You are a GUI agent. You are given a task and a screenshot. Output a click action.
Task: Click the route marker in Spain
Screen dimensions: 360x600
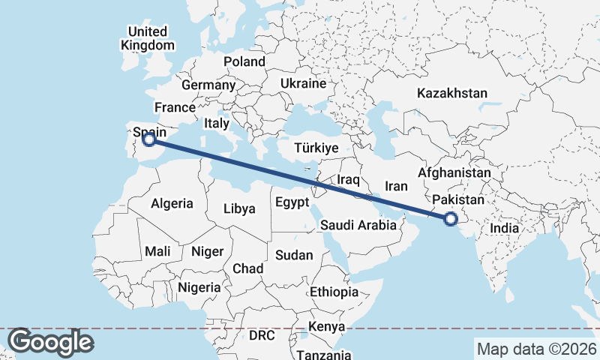click(x=149, y=139)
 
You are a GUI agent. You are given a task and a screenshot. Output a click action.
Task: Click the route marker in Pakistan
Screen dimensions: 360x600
click(x=451, y=219)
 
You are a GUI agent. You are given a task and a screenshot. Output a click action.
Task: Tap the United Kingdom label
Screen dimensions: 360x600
click(x=147, y=38)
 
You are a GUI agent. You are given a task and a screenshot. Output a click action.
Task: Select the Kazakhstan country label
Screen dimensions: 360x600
click(x=452, y=94)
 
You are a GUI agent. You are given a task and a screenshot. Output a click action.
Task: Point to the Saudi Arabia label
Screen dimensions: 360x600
click(x=358, y=225)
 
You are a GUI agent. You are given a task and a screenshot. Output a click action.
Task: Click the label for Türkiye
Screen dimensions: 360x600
click(x=316, y=148)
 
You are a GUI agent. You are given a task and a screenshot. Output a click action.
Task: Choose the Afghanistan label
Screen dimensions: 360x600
click(x=454, y=172)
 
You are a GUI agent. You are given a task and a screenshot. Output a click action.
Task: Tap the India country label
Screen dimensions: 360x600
click(x=505, y=227)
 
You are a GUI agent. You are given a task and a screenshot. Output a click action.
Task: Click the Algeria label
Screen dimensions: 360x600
click(x=172, y=203)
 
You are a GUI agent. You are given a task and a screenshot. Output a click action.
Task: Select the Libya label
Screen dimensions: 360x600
click(x=239, y=208)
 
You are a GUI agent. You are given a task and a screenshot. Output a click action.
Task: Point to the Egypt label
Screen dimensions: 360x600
click(x=292, y=202)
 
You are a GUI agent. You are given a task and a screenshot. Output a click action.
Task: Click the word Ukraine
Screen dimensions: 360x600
click(x=303, y=83)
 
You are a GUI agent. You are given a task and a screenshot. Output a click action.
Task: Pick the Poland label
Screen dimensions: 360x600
click(x=244, y=61)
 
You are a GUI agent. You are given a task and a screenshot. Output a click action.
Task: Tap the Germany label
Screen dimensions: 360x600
click(x=208, y=85)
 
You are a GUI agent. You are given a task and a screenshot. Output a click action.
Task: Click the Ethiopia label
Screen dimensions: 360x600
click(x=334, y=292)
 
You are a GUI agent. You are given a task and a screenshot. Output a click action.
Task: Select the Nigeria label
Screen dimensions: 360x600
click(x=199, y=287)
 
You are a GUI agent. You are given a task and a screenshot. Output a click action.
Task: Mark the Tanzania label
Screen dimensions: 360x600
click(x=324, y=355)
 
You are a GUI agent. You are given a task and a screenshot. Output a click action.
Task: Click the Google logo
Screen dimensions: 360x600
click(x=51, y=342)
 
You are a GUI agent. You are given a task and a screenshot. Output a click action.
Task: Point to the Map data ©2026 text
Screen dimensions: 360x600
click(x=536, y=349)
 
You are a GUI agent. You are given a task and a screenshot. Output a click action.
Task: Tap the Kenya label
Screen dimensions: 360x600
click(x=326, y=327)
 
